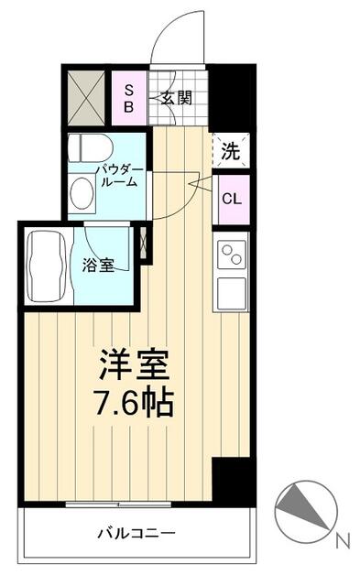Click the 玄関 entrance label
coord(177,98)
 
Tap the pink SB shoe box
coord(129,98)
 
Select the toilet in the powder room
coord(91,148)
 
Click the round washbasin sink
coord(82,191)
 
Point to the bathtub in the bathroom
coord(46,266)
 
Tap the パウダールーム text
coord(120,176)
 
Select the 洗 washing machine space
coord(231,150)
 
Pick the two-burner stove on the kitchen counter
coord(232,255)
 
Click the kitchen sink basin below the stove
coord(232,293)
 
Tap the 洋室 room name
coord(134,365)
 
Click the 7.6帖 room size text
coord(134,403)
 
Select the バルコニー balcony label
coord(136,533)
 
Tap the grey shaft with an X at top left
coord(86,98)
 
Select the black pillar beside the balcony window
coord(231,481)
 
